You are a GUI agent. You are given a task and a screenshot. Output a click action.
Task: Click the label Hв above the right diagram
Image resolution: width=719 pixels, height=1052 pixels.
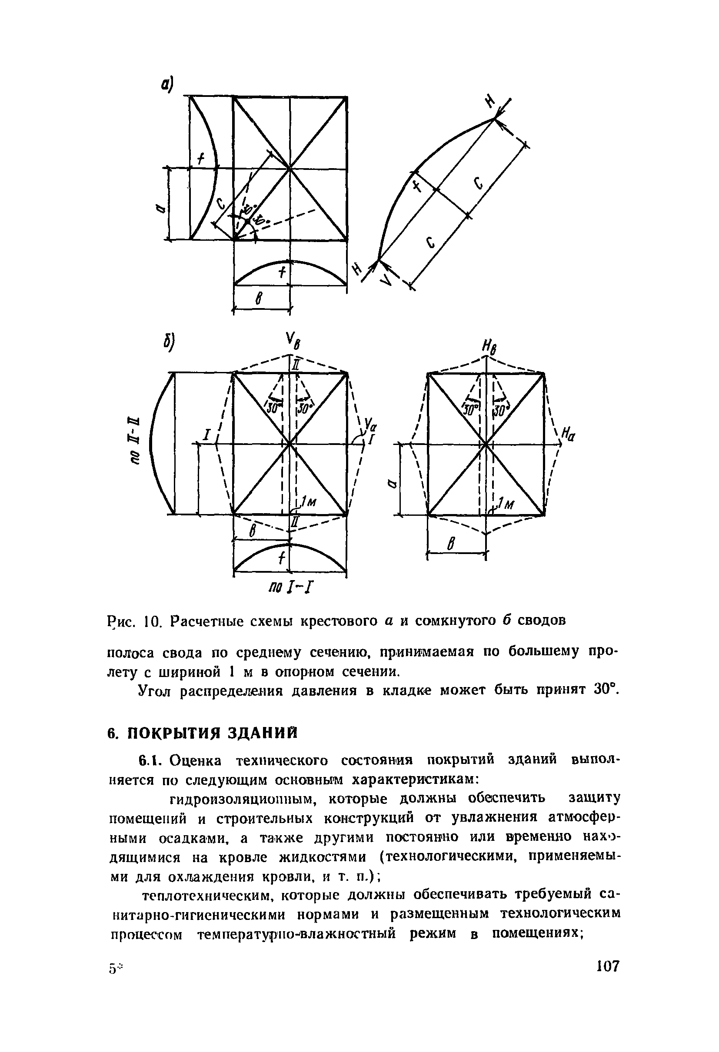[490, 349]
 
